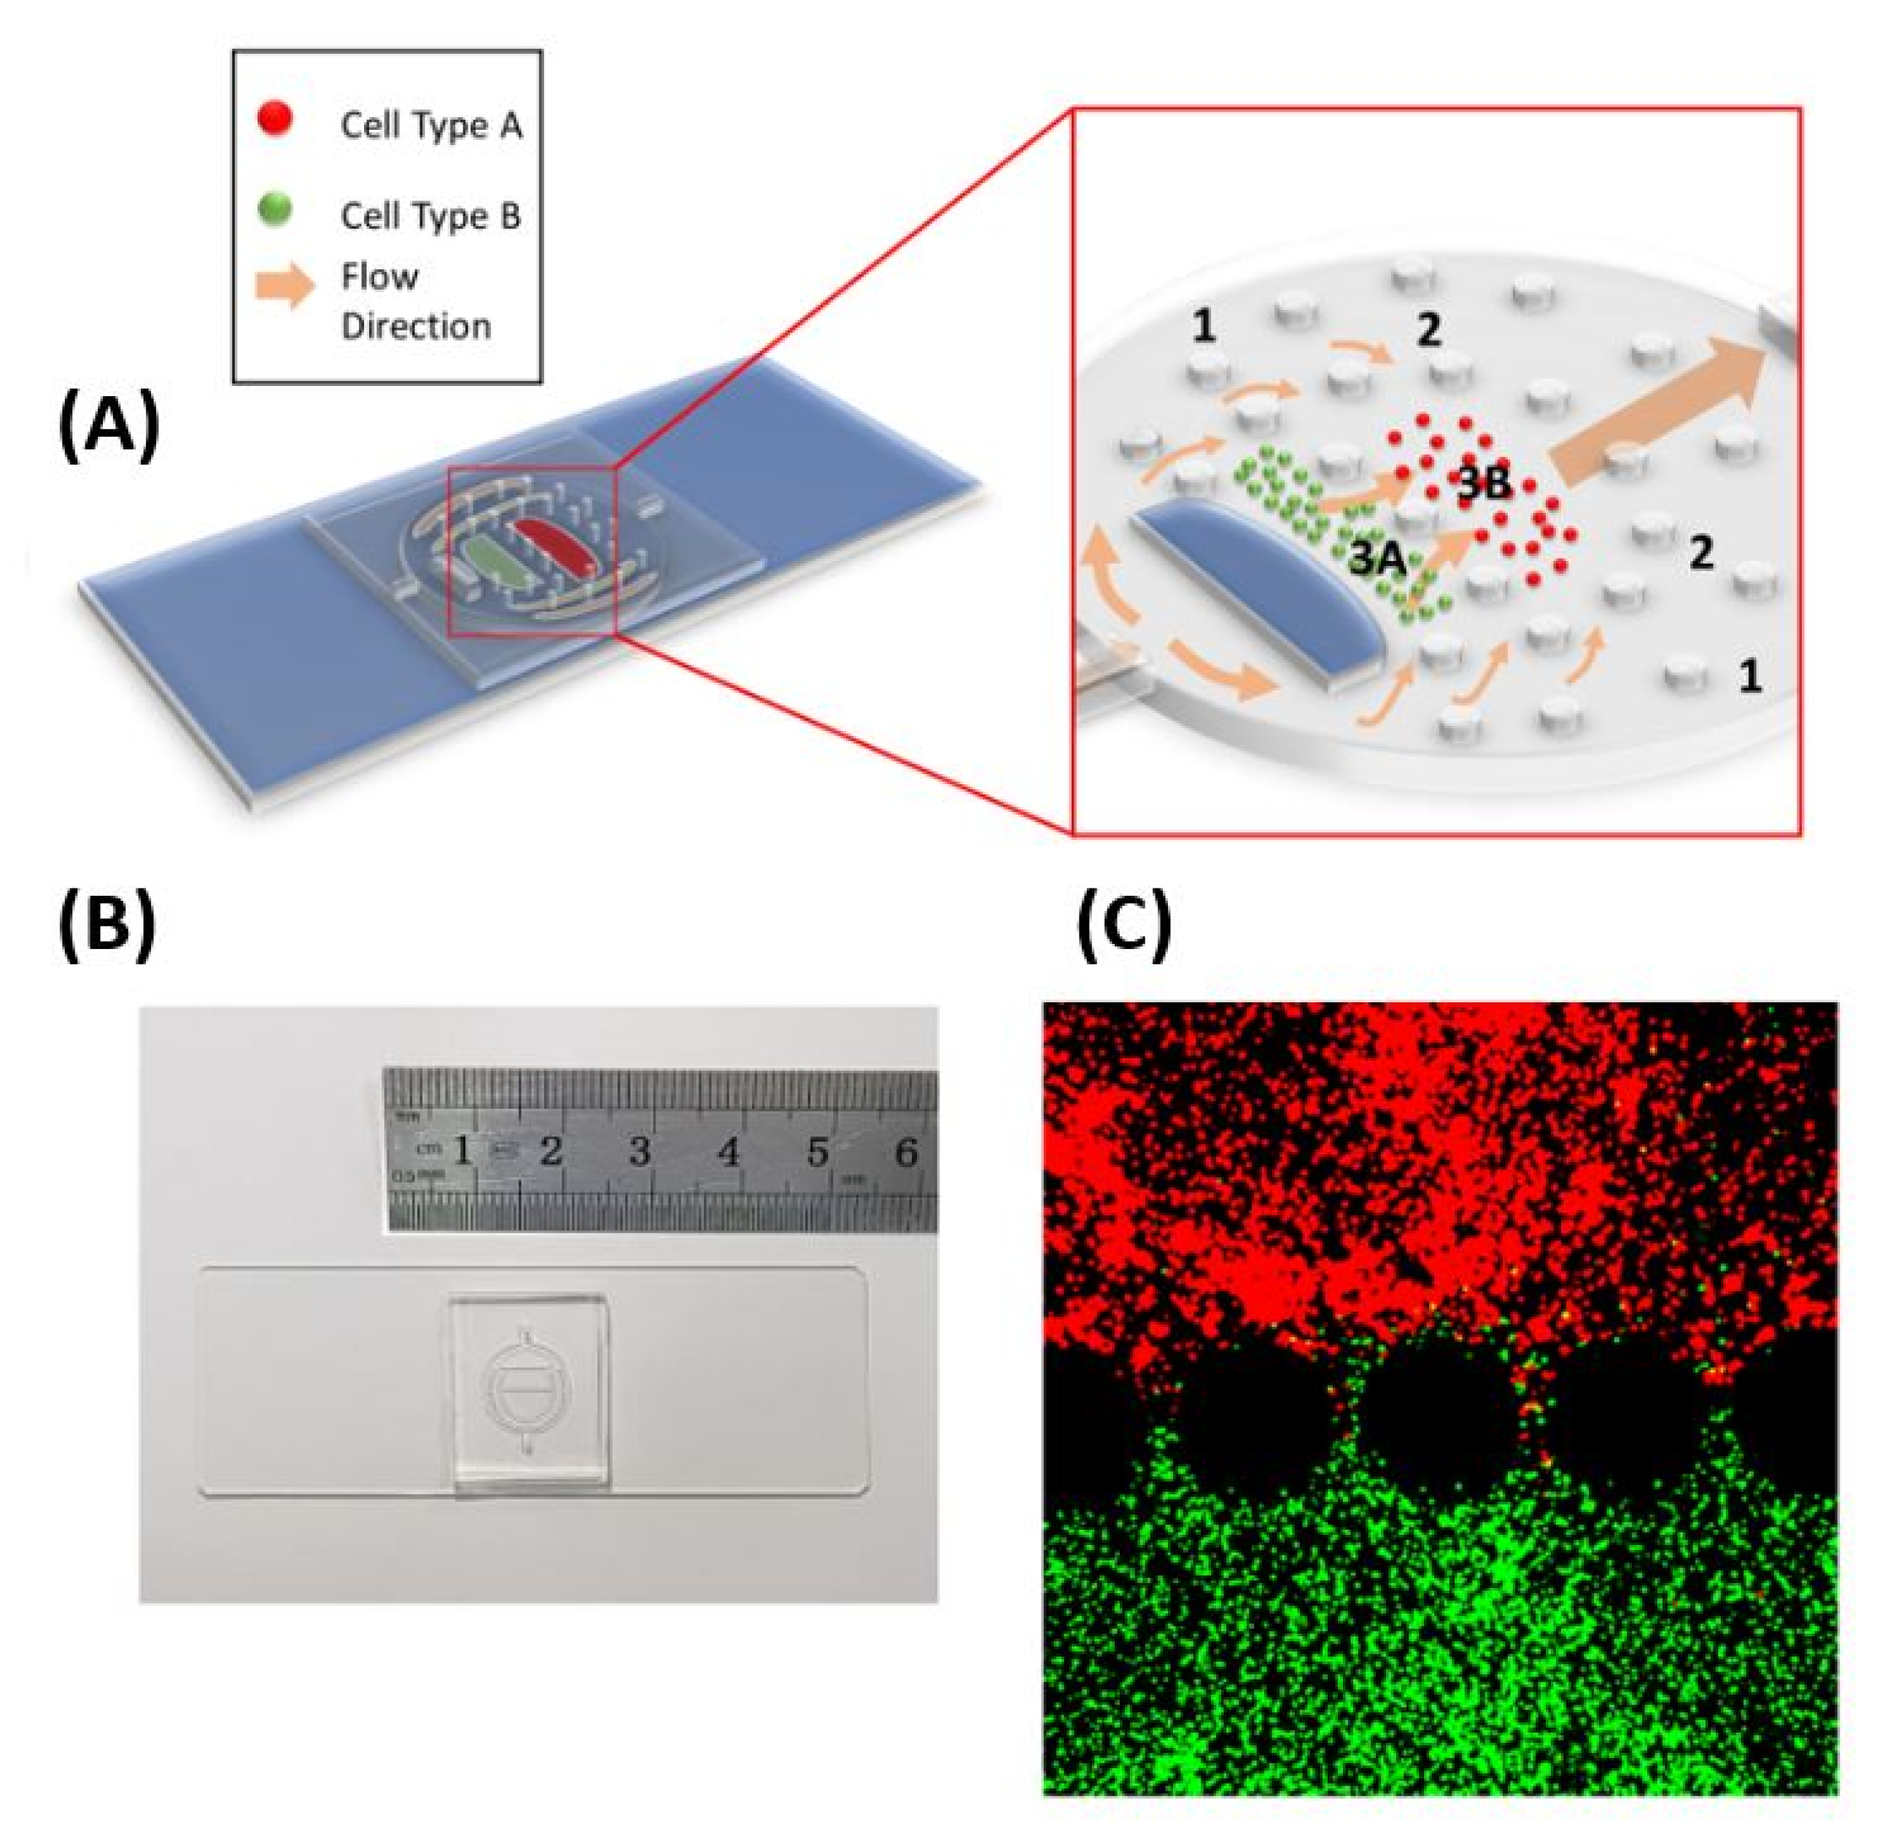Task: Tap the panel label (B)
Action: pos(108,928)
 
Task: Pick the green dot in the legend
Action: pos(276,209)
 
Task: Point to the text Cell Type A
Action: pos(431,126)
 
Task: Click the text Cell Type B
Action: pos(431,215)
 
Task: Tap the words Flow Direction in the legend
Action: pos(416,301)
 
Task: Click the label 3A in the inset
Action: pos(1378,558)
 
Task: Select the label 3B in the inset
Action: pos(1484,484)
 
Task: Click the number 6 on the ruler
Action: pos(905,1151)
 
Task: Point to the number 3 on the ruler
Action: pos(640,1151)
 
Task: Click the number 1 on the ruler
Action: pos(463,1150)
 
